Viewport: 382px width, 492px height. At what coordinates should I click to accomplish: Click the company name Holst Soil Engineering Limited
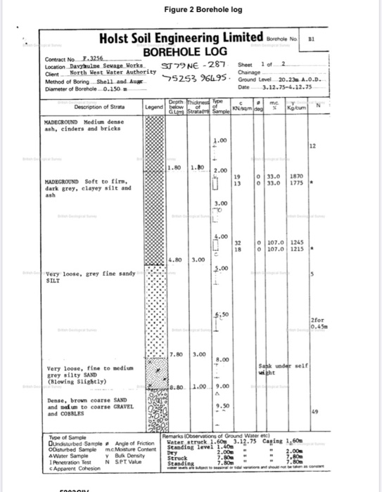(x=182, y=37)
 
